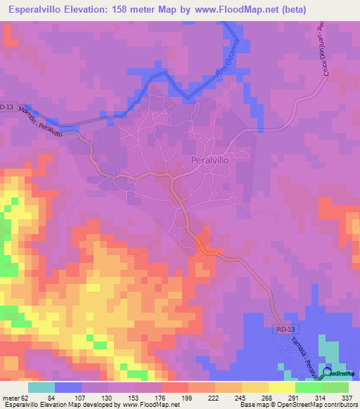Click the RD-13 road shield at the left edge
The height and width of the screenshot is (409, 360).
[x=7, y=107]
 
